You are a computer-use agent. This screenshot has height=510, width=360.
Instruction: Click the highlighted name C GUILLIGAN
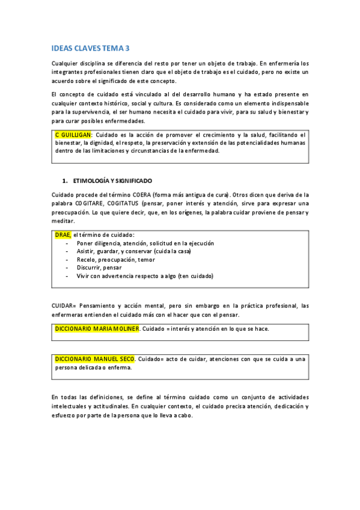point(72,135)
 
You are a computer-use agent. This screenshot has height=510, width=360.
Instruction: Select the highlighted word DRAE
point(63,235)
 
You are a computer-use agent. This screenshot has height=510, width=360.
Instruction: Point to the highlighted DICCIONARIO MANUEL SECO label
point(94,359)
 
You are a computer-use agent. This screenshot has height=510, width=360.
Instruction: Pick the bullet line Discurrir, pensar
point(100,268)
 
